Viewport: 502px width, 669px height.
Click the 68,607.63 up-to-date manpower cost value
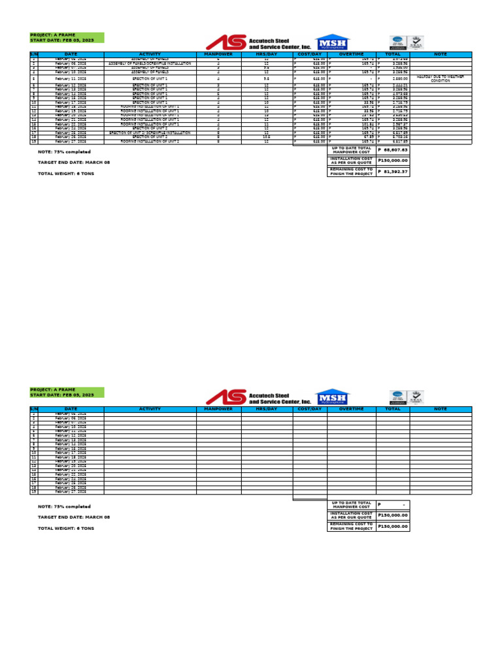tap(392, 150)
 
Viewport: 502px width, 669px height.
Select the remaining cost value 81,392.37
tap(392, 172)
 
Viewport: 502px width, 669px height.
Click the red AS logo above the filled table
tap(226, 42)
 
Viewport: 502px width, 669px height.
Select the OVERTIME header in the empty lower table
tap(351, 409)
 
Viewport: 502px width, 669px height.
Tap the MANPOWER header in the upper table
tap(218, 54)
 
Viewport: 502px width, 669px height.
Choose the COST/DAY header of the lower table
tap(309, 409)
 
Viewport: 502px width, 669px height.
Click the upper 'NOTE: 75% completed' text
tap(64, 152)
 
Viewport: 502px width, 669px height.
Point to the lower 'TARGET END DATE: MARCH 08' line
tap(74, 517)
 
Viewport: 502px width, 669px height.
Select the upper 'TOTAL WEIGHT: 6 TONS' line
tap(65, 173)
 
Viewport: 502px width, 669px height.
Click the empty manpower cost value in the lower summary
tap(392, 505)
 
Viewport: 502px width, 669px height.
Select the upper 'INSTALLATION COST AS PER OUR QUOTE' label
tap(351, 161)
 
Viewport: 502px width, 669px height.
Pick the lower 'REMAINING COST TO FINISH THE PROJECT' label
tap(351, 526)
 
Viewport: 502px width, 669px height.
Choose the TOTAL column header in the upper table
tap(393, 54)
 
